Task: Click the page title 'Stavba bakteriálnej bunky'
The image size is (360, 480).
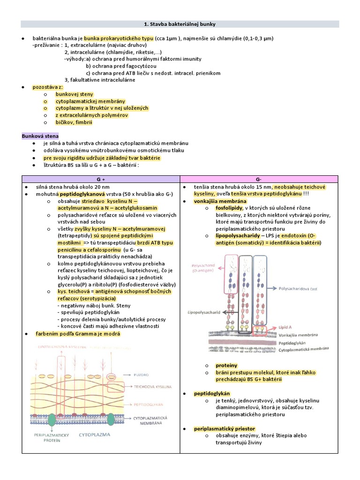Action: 180,24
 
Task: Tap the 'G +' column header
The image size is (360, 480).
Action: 101,180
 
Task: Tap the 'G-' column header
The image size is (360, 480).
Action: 259,180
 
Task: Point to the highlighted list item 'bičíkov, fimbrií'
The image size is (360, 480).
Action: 74,122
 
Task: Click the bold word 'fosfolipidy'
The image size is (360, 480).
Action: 229,208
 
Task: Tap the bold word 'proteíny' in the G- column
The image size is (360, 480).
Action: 226,365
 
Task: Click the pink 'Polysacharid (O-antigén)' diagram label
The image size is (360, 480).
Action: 202,267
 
